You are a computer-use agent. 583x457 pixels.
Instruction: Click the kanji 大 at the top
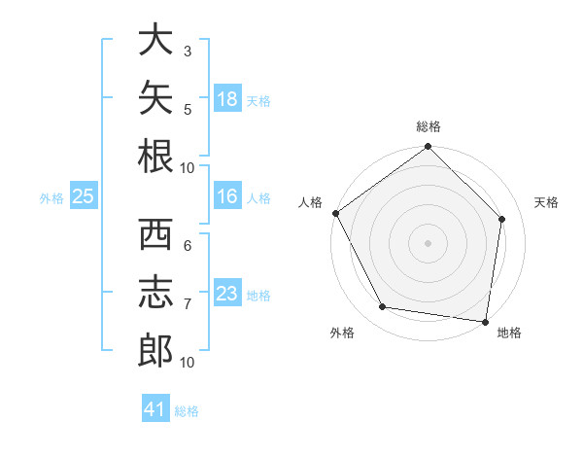click(x=155, y=39)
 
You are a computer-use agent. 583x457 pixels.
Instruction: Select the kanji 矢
click(x=155, y=97)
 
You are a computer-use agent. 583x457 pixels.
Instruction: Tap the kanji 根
click(x=155, y=156)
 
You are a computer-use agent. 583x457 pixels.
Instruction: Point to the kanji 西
click(x=155, y=234)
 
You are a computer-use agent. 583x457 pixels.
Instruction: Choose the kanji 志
click(x=155, y=292)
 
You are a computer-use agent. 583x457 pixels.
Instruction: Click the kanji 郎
click(x=155, y=350)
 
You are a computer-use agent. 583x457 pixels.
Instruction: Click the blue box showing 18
click(x=227, y=98)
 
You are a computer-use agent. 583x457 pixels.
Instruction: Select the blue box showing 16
click(x=227, y=195)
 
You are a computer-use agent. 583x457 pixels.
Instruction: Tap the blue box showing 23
click(x=227, y=292)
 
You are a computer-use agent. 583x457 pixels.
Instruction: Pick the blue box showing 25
click(x=84, y=195)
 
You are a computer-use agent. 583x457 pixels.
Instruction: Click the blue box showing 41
click(x=155, y=407)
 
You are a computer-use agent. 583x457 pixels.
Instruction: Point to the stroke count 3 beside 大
click(x=188, y=52)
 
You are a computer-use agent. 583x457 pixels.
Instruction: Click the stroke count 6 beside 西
click(x=188, y=246)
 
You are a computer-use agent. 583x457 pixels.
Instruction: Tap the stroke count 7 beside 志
click(x=188, y=304)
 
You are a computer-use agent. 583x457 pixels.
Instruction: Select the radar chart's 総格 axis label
click(x=429, y=126)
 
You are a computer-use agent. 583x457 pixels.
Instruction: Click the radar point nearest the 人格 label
click(x=336, y=213)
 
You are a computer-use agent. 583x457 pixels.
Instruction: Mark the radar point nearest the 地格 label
click(x=485, y=322)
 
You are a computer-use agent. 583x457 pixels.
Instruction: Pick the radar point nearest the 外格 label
click(x=382, y=306)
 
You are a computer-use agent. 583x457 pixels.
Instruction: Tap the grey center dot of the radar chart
click(x=428, y=243)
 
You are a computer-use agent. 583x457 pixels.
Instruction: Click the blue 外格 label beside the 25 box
click(x=51, y=198)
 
